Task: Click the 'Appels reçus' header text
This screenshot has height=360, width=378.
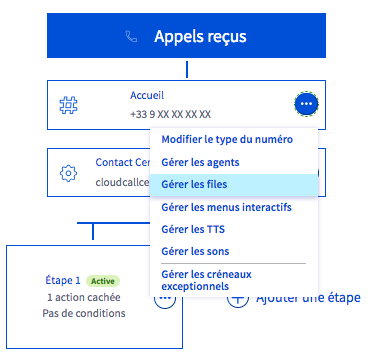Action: point(199,37)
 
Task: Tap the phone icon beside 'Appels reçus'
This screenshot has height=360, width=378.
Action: point(131,37)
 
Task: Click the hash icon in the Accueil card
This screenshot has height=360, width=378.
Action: point(69,104)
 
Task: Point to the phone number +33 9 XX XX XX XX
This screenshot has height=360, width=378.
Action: point(170,114)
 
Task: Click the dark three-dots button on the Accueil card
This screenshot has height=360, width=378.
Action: point(307,104)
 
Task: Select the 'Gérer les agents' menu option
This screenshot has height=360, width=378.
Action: point(201,163)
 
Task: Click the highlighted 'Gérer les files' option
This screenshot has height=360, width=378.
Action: point(195,185)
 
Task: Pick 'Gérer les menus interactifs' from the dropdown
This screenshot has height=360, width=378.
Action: point(226,207)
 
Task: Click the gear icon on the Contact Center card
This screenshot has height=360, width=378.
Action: point(69,173)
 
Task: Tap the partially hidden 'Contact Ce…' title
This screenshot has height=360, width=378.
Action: point(121,163)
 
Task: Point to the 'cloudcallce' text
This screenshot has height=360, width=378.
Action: point(121,183)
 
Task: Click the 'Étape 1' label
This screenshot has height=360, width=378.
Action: point(62,281)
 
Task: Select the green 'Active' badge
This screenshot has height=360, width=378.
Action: point(103,281)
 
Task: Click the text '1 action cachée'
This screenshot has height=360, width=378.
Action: point(85,297)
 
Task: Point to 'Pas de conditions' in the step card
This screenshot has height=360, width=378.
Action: point(85,314)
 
